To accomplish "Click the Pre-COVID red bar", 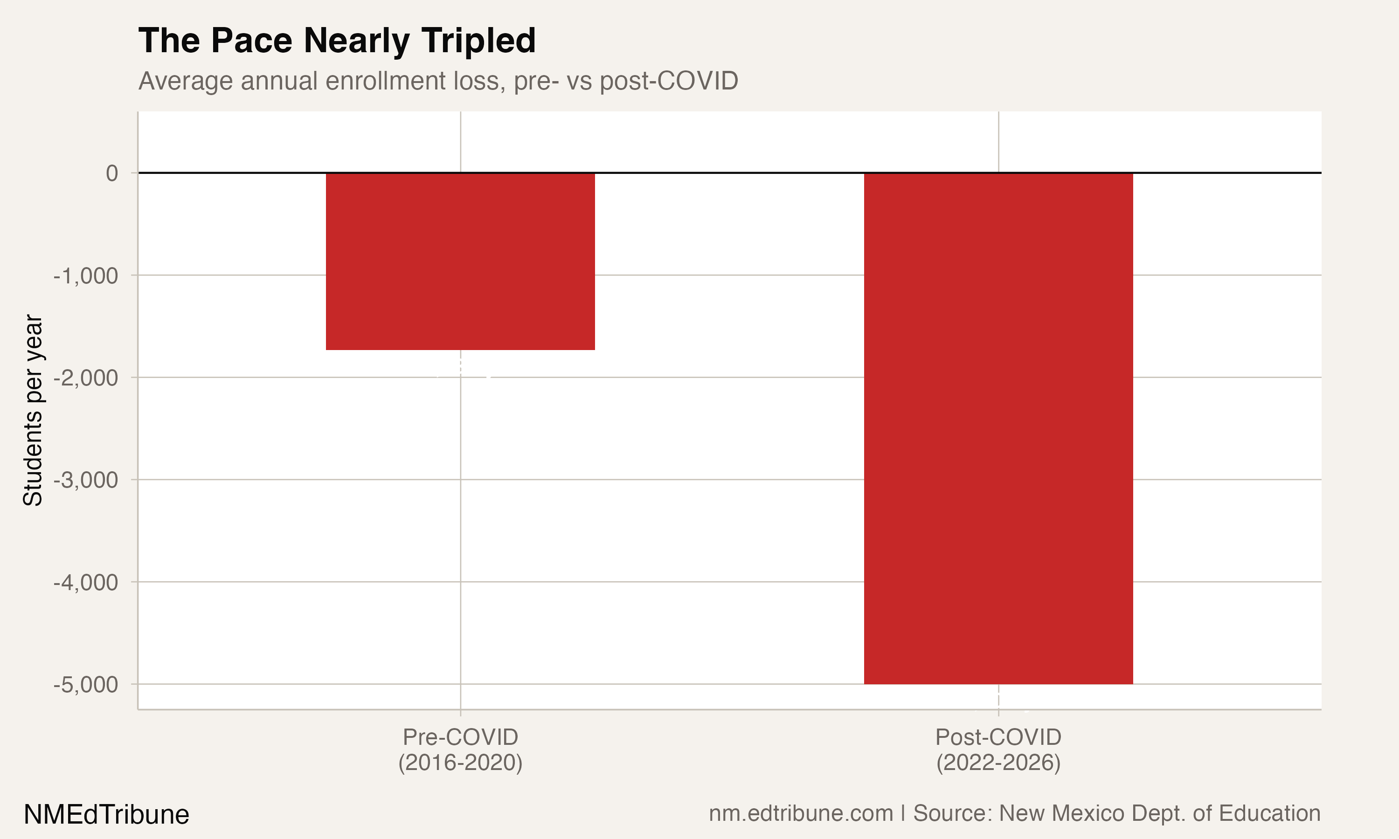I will pos(460,261).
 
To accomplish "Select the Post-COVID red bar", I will pos(998,428).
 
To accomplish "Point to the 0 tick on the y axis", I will pos(112,173).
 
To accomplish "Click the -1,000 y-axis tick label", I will pos(86,276).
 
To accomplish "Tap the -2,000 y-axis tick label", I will pos(86,378).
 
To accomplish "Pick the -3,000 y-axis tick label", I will pos(86,480).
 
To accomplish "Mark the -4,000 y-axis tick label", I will pos(86,582).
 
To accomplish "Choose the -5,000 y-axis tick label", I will pos(86,685).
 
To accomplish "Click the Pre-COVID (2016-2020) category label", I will pos(460,750).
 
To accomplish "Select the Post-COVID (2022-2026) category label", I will pos(998,750).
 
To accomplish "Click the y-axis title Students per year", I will pos(33,411).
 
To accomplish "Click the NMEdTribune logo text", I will pos(106,815).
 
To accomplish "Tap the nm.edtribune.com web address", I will pos(801,813).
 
